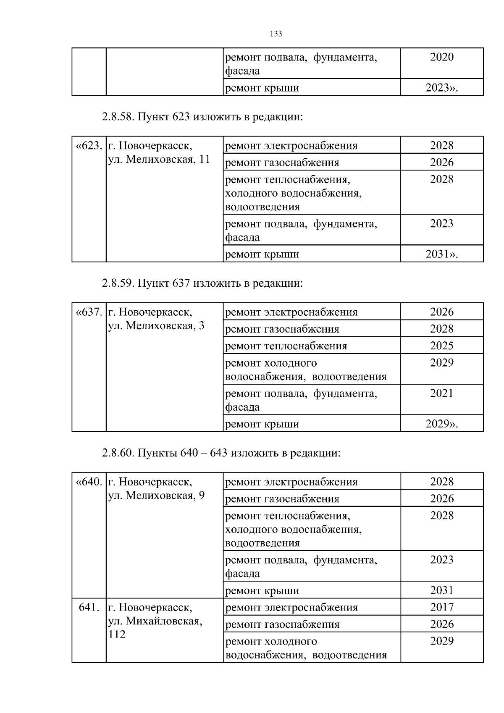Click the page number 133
[x=276, y=34]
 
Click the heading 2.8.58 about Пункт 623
[x=202, y=117]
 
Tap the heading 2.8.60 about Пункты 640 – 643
[x=220, y=453]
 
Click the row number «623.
[x=89, y=146]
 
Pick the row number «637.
[x=89, y=312]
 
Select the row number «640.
[x=89, y=482]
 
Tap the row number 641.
[x=89, y=607]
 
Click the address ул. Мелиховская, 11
[x=159, y=159]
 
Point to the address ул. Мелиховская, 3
[x=156, y=325]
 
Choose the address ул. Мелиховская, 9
[x=156, y=495]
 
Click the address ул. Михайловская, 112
[x=155, y=621]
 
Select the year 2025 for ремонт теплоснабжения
[x=442, y=346]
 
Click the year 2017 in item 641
[x=442, y=607]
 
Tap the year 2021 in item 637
[x=442, y=393]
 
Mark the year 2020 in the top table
[x=442, y=57]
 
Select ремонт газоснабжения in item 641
[x=282, y=624]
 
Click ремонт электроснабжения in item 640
[x=291, y=482]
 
